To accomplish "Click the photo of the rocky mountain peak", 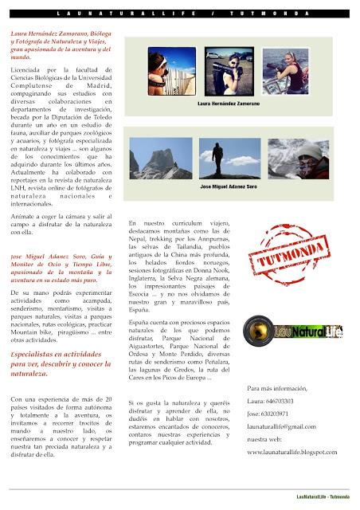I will coord(171,159).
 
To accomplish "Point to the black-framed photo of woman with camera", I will coord(233,71).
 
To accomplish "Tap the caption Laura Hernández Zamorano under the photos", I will coord(233,104).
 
